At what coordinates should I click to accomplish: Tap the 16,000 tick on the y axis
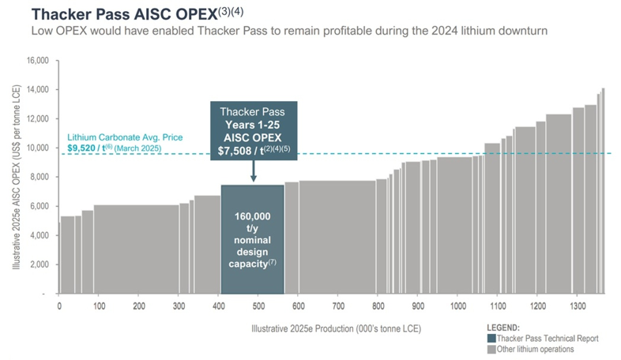click(38, 61)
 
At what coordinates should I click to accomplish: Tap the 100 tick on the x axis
click(100, 306)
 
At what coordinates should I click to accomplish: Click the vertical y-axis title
click(16, 178)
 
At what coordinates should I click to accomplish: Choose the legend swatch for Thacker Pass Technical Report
click(491, 339)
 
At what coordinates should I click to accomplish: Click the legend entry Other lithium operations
click(535, 349)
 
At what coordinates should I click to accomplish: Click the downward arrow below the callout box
click(253, 172)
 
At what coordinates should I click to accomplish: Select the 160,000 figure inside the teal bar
click(253, 216)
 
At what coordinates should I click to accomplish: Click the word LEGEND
click(504, 328)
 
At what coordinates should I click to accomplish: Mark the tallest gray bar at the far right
click(603, 190)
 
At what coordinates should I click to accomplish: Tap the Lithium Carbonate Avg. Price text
click(125, 137)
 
